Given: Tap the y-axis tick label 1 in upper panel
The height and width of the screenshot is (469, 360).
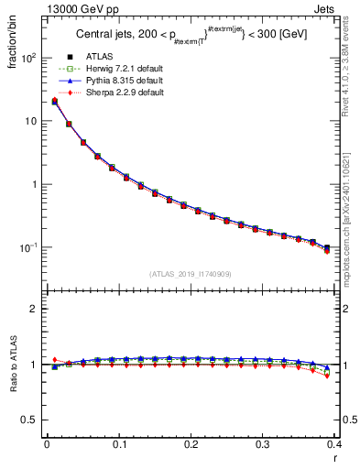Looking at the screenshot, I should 34,184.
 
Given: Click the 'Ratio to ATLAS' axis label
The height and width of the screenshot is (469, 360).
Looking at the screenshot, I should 11,365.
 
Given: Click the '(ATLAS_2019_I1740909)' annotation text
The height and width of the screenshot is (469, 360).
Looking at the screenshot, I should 189,275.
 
